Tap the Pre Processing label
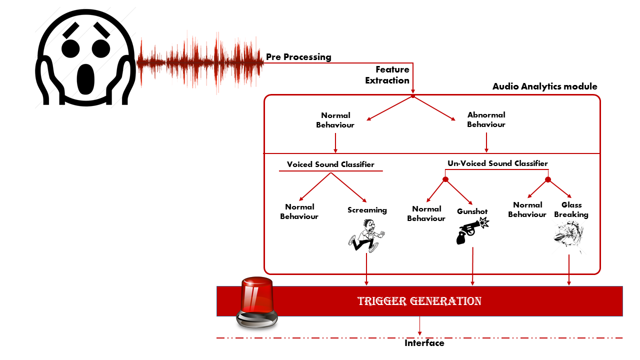pos(298,57)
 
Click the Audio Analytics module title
pos(545,86)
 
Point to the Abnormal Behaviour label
pos(486,119)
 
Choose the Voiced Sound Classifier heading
pos(330,164)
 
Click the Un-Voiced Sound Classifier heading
pos(497,163)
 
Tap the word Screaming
pos(367,210)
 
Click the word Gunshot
pos(472,211)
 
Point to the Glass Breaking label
pos(571,209)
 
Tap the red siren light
pos(257,302)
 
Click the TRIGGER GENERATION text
pos(419,301)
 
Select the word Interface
pos(424,343)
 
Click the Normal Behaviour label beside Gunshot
pos(426,213)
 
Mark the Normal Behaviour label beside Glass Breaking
pos(527,209)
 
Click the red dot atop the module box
pos(413,95)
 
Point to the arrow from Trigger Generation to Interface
pos(419,326)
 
